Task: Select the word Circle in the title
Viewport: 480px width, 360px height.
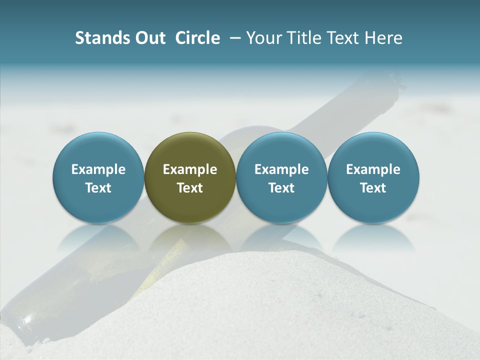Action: click(x=197, y=38)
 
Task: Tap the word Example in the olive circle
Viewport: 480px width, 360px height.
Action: click(x=190, y=170)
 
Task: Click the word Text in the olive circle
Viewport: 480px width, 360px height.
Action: click(x=190, y=188)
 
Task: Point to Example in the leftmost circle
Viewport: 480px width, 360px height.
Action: click(x=98, y=170)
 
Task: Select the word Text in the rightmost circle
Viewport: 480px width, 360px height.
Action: click(x=373, y=188)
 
